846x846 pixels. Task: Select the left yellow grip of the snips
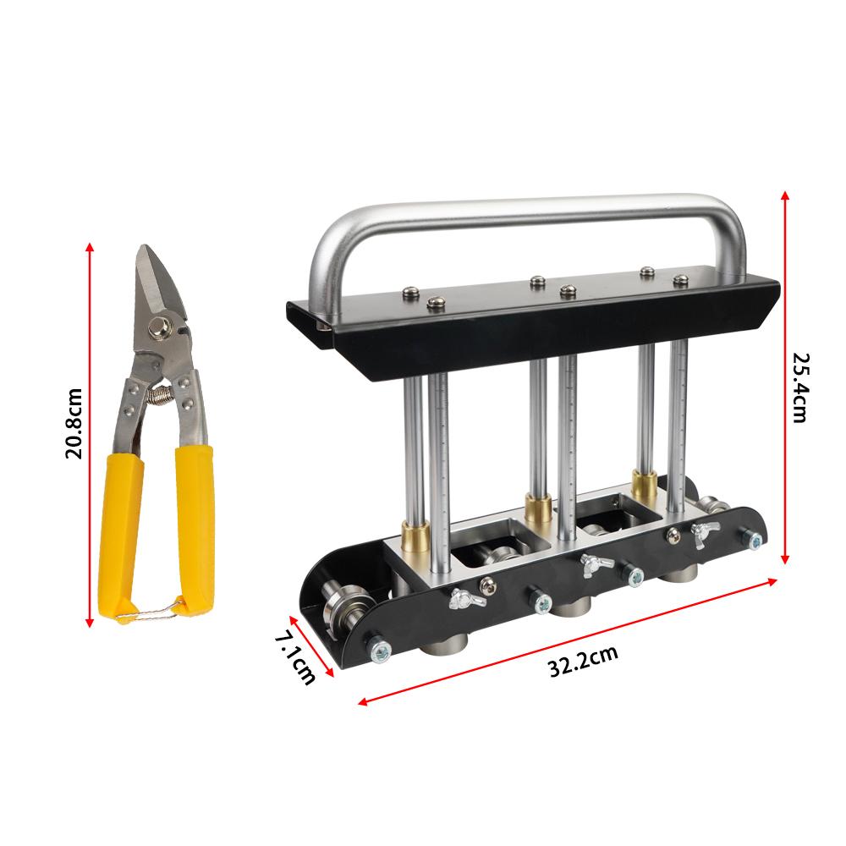[117, 533]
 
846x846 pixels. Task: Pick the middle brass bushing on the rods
[536, 508]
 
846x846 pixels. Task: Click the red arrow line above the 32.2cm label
[567, 640]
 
